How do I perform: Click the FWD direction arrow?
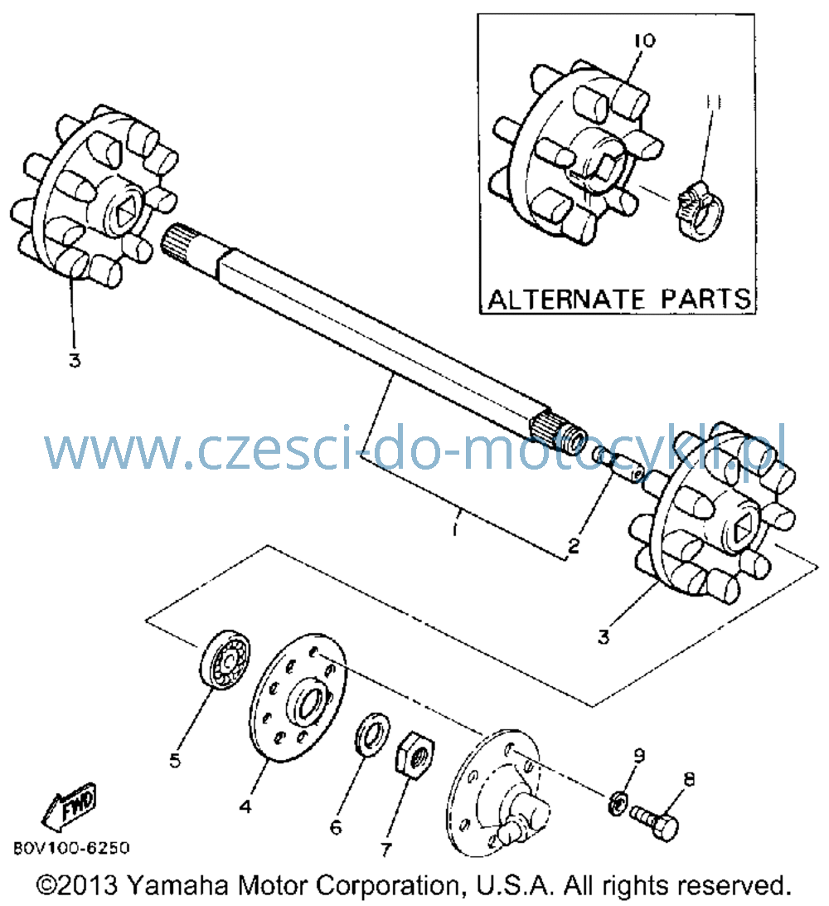click(69, 804)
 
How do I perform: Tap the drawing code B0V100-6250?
click(71, 848)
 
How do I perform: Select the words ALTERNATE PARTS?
click(619, 300)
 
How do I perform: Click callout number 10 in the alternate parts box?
click(645, 41)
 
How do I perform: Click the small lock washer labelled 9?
click(619, 802)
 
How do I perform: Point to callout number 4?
click(246, 806)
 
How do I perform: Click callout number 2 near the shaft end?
click(574, 545)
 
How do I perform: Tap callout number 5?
click(175, 760)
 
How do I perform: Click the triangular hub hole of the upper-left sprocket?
click(124, 216)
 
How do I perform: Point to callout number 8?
click(689, 780)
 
